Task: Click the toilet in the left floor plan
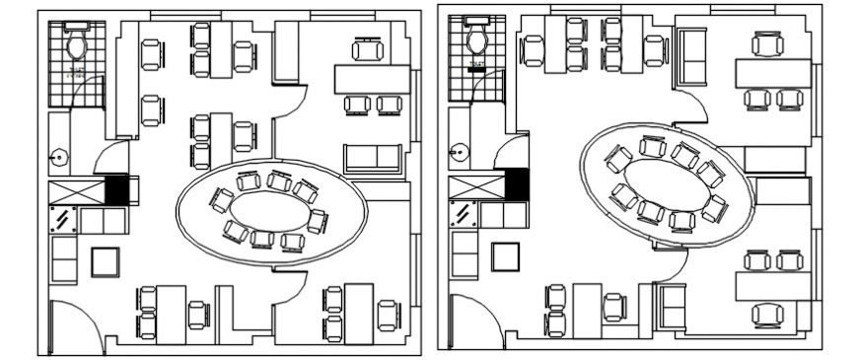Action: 77,43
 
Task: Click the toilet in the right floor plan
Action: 477,41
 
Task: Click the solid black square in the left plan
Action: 117,189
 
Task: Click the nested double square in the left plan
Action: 106,261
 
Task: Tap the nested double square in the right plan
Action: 506,255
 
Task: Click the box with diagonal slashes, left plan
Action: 64,220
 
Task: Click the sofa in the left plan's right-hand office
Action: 372,159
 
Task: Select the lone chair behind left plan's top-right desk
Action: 368,47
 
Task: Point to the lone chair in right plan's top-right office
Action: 766,43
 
